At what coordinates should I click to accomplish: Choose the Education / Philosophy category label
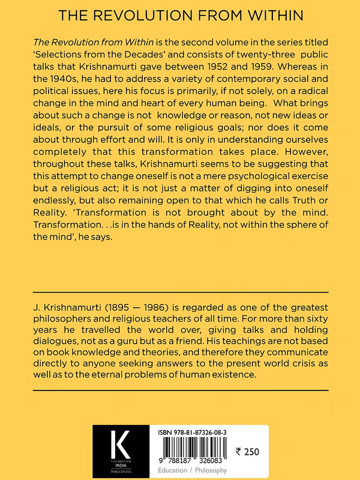197,471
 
